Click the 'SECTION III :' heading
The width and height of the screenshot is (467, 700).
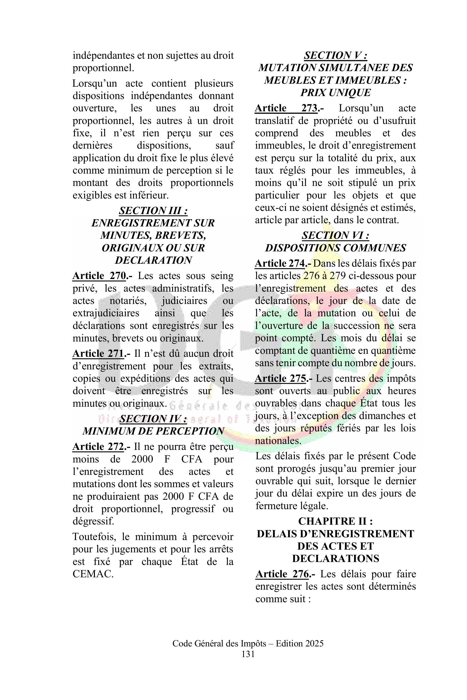pos(153,211)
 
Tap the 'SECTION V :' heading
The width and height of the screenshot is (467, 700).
pos(335,55)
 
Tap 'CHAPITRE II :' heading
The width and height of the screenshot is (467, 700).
pos(335,521)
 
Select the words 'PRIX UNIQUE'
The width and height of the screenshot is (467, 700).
pos(335,93)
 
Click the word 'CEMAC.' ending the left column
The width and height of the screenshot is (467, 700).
pos(93,574)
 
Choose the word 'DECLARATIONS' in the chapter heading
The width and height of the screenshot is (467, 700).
pos(335,558)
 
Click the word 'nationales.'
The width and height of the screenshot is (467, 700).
pos(278,440)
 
